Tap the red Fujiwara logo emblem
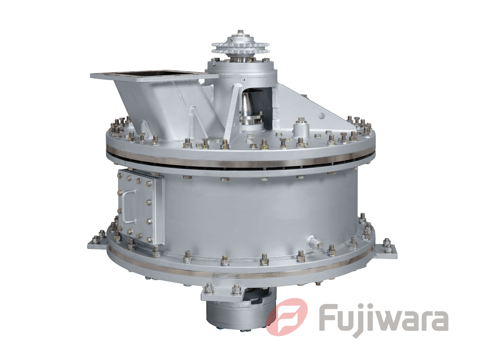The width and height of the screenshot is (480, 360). (287, 316)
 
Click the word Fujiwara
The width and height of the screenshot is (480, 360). (384, 319)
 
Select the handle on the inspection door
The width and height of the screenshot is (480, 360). (128, 207)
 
